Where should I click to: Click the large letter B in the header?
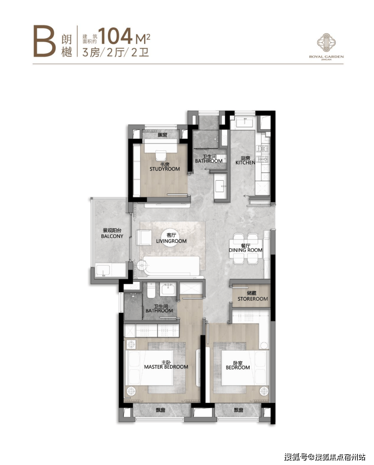pos(44,41)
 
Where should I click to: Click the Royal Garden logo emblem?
pos(326,43)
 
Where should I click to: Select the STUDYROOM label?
pos(165,169)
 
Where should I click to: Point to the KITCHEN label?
pos(245,163)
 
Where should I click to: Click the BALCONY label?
pos(112,236)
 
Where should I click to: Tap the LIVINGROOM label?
pos(171,241)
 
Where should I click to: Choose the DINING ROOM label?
pos(246,250)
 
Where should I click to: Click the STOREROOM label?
pos(253,299)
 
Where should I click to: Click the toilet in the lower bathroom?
pos(151,290)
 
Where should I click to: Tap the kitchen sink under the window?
pos(245,122)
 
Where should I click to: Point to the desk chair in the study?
pos(161,155)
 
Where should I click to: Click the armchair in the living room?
pos(144,238)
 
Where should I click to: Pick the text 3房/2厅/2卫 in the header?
pos(116,53)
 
